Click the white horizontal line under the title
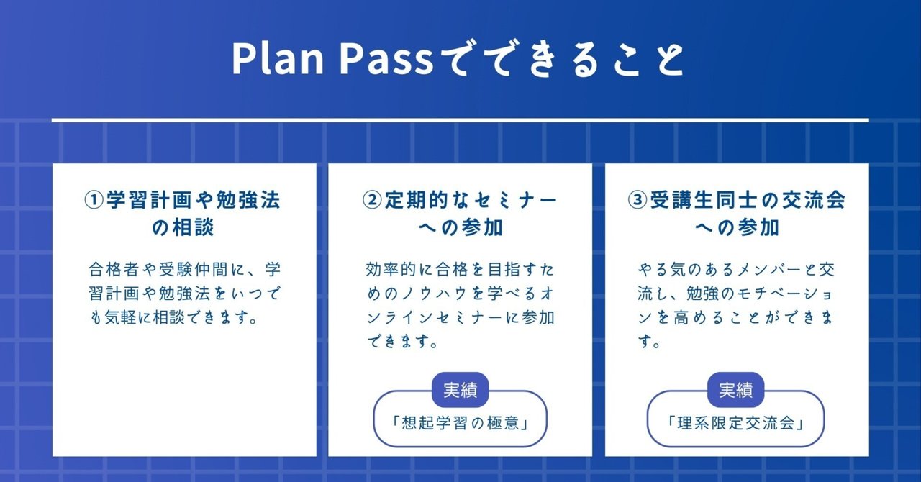460,119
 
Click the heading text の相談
183,228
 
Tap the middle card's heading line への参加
460,228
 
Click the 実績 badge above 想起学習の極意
460,391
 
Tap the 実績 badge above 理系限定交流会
736,391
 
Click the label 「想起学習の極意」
460,422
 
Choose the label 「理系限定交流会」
736,422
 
